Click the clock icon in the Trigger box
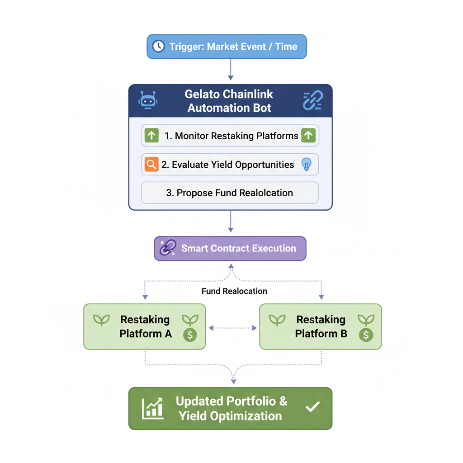[158, 46]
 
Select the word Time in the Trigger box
[286, 46]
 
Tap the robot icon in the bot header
[148, 100]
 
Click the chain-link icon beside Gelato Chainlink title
[312, 100]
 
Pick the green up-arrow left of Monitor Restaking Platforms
[151, 135]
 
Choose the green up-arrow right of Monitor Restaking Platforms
[308, 135]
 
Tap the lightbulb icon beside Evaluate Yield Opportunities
[307, 165]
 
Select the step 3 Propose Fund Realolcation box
[230, 193]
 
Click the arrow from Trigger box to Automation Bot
[231, 70]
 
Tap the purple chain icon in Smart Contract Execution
[168, 248]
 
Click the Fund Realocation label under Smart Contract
[234, 291]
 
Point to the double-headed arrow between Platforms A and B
[232, 328]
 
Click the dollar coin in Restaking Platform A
[190, 335]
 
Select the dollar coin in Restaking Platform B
[366, 335]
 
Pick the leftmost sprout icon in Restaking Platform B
[277, 320]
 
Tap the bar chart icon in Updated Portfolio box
[152, 408]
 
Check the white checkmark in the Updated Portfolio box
[312, 407]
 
